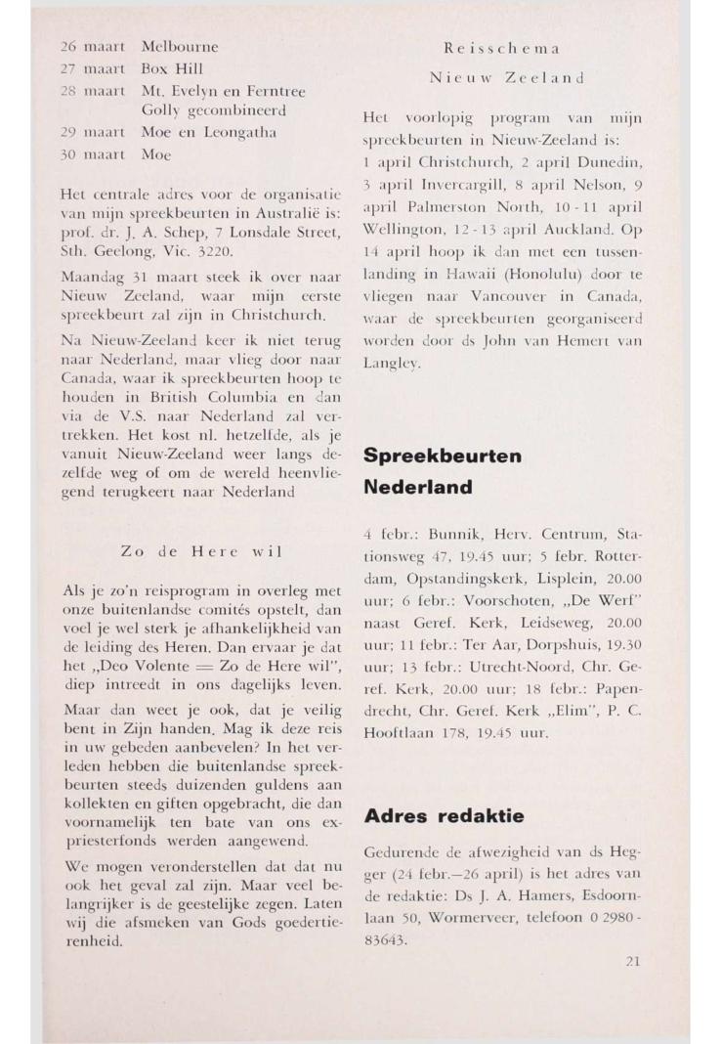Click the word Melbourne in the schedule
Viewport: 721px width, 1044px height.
tap(180, 46)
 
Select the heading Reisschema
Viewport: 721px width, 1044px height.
tap(499, 46)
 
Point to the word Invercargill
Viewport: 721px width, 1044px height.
tap(453, 188)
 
